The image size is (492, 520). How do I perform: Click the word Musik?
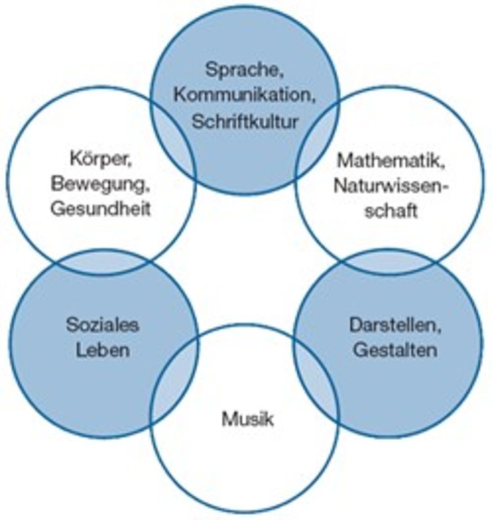247,418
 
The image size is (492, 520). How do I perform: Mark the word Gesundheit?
99,209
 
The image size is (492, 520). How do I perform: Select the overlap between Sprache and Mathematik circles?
318,142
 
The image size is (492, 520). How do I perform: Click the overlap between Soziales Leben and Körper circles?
103,263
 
